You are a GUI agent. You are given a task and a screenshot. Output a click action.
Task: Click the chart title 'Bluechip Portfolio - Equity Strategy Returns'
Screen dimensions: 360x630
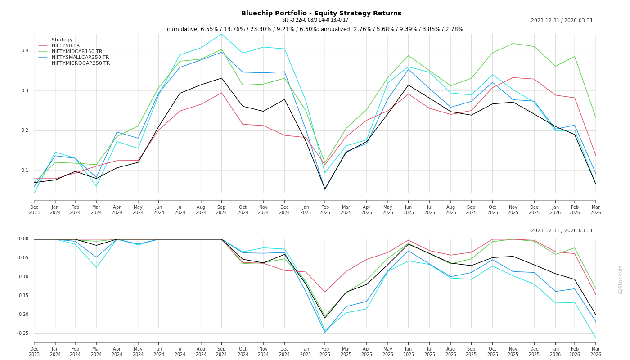coord(321,13)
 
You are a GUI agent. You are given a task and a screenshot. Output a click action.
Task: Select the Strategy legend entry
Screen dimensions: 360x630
coord(62,40)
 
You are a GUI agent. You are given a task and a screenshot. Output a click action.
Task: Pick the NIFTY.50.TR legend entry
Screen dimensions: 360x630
coord(66,46)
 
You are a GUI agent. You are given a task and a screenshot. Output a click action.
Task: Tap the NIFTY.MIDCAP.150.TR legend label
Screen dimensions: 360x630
coord(77,52)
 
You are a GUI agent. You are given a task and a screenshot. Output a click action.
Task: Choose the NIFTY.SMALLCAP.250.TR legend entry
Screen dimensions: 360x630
coord(80,58)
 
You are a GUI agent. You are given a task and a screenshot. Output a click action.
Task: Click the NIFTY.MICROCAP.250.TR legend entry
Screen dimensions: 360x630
coord(81,63)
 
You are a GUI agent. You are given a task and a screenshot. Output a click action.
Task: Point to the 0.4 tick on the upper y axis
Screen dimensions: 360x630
coord(25,51)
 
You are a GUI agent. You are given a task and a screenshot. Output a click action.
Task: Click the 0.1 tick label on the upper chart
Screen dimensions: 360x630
coord(25,171)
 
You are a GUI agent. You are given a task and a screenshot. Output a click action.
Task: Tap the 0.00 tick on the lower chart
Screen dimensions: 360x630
coord(23,239)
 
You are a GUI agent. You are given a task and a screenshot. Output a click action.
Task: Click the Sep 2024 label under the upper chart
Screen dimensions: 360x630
coord(221,210)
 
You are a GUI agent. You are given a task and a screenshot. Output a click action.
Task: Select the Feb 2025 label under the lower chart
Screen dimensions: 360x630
coord(325,351)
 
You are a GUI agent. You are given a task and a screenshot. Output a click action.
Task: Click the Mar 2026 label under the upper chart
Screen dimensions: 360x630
coord(596,210)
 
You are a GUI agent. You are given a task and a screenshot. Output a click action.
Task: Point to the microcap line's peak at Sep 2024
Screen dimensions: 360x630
coord(221,34)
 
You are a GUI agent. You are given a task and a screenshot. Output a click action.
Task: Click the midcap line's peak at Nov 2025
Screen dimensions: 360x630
coord(513,44)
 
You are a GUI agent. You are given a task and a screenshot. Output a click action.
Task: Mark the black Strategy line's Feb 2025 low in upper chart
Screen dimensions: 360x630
coord(325,189)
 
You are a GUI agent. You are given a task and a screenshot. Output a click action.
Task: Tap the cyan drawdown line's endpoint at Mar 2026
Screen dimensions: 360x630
coord(596,337)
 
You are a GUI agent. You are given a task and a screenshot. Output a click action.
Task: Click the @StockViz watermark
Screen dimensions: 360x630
coord(621,279)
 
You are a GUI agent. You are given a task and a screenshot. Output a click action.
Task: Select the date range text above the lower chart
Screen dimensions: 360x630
coord(562,231)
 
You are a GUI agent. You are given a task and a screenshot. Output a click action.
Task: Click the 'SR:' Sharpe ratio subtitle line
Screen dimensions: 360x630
coord(315,20)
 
